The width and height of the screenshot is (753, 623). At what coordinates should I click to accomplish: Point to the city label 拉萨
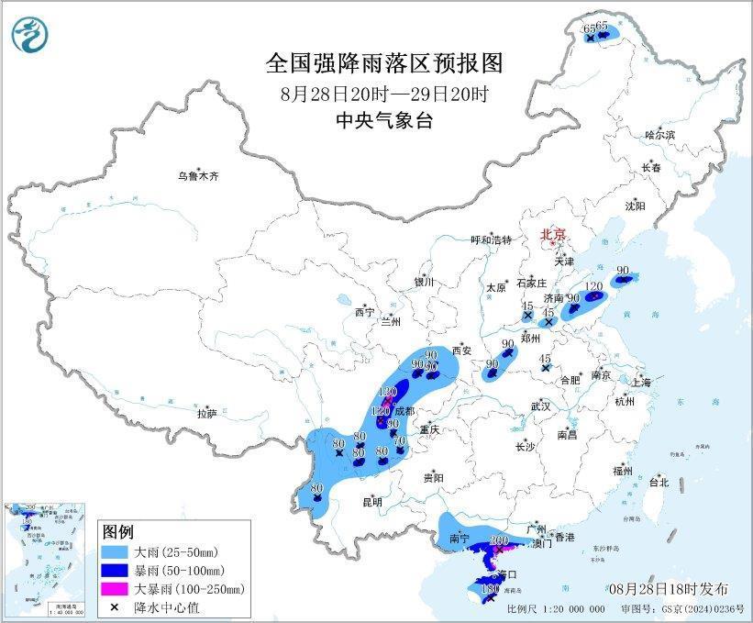[206, 414]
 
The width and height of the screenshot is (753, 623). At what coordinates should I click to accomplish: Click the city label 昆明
[371, 502]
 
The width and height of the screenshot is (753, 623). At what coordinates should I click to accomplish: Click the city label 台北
[659, 482]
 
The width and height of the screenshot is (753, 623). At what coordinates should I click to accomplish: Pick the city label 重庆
[430, 429]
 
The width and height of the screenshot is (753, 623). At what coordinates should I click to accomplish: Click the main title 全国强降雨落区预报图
[384, 62]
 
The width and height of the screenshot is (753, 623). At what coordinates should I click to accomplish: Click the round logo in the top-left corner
[29, 35]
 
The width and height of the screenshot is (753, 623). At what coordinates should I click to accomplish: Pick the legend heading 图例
[118, 532]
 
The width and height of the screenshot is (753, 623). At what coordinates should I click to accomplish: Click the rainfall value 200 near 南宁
[500, 540]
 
